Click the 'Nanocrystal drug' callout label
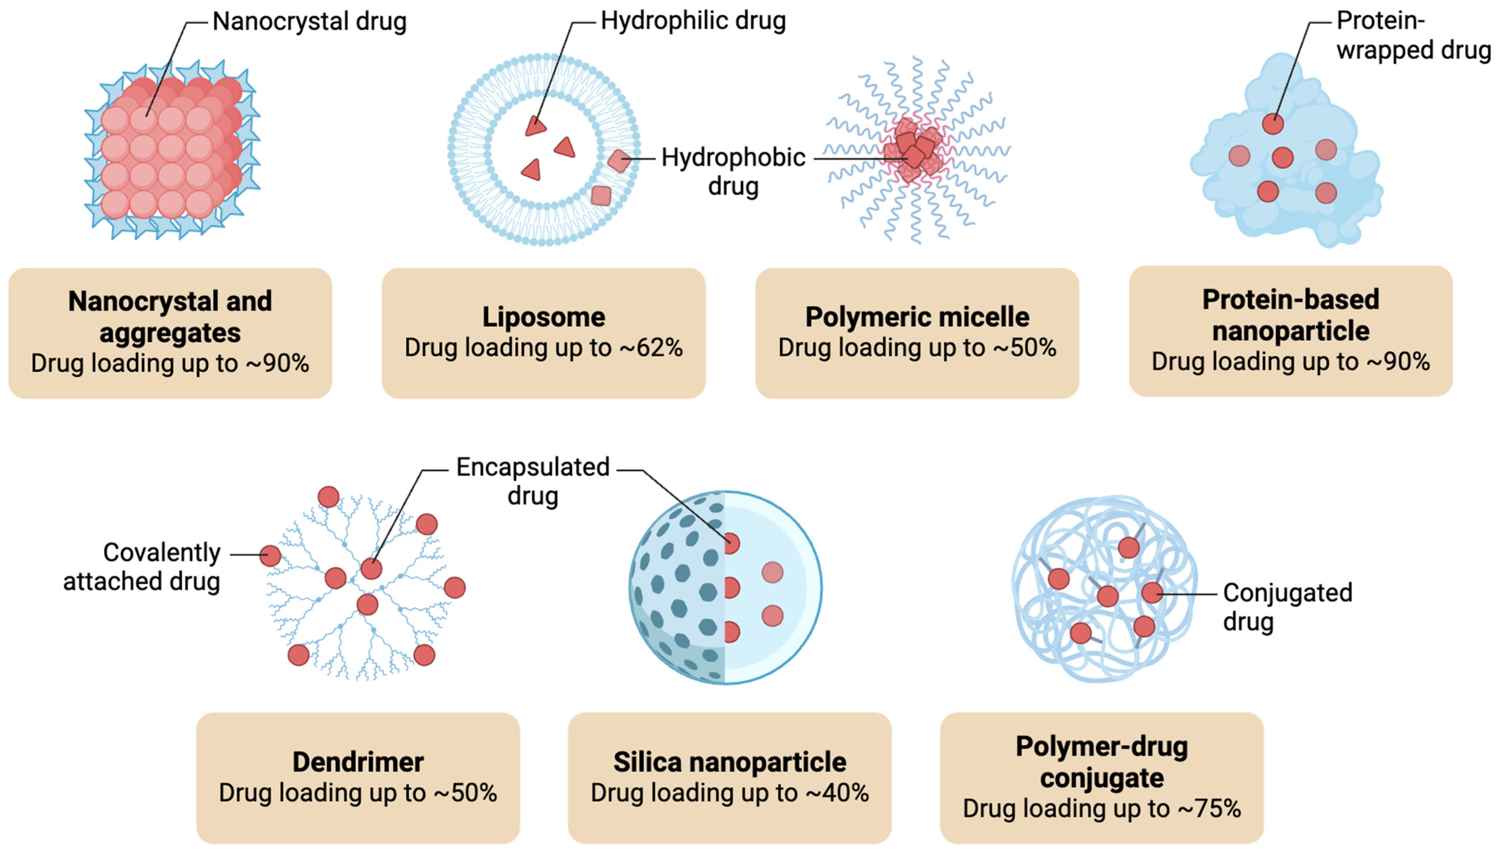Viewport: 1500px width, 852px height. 309,22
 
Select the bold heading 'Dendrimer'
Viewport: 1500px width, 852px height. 358,762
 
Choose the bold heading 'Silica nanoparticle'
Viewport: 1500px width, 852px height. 730,762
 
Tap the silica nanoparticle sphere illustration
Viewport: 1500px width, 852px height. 725,588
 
